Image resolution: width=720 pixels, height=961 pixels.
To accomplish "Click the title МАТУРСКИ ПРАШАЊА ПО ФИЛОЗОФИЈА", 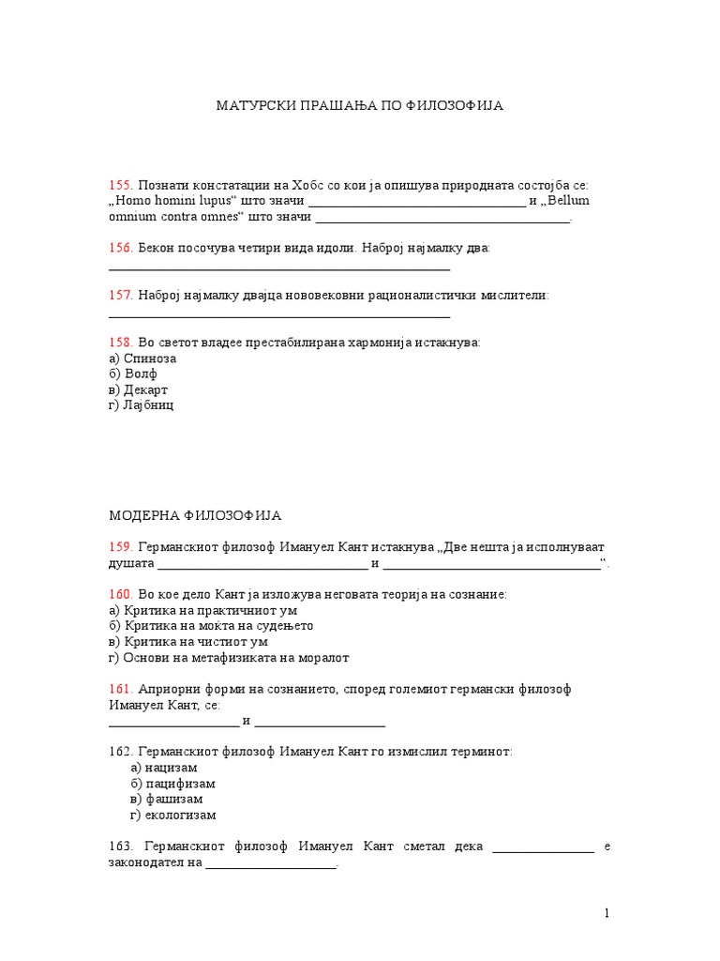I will tap(361, 106).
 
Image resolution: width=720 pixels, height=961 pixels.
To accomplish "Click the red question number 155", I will tap(121, 186).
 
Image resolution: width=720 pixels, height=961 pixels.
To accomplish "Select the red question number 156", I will tap(121, 248).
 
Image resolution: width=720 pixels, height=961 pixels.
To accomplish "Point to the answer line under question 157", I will tap(279, 317).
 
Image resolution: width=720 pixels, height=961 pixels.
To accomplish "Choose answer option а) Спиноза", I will tap(142, 358).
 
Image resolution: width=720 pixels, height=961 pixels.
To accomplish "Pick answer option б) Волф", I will tap(133, 374).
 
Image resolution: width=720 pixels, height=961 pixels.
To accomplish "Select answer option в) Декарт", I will tap(139, 389).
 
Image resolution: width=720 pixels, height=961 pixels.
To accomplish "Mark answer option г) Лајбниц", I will tap(142, 405).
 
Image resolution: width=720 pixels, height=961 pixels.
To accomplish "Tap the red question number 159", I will tap(121, 547).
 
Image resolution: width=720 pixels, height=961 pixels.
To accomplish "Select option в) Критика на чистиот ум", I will tap(188, 642).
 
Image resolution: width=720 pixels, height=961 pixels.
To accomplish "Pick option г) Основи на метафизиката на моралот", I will tap(229, 658).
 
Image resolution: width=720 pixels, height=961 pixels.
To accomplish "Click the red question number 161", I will tap(121, 690).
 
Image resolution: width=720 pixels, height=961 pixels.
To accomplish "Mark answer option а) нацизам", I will tap(164, 768).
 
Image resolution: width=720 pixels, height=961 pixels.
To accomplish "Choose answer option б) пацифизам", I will tap(173, 784).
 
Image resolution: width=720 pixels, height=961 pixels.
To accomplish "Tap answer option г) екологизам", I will tap(173, 816).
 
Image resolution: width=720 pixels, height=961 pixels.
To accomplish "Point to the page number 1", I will tap(607, 913).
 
